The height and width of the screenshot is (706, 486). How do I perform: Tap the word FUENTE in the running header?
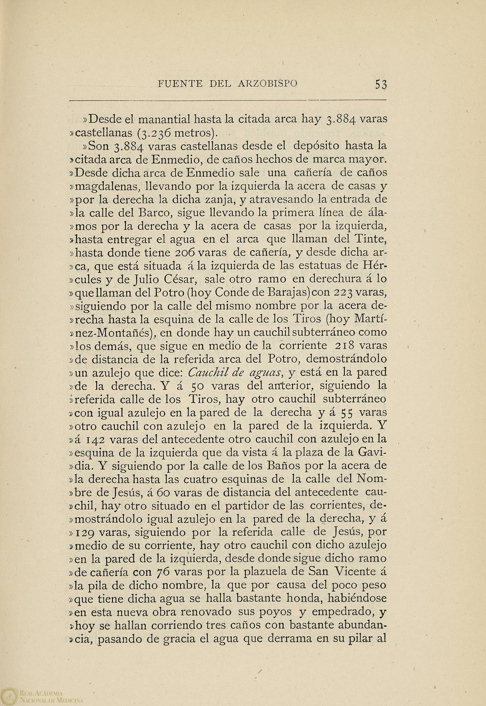coord(179,84)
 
